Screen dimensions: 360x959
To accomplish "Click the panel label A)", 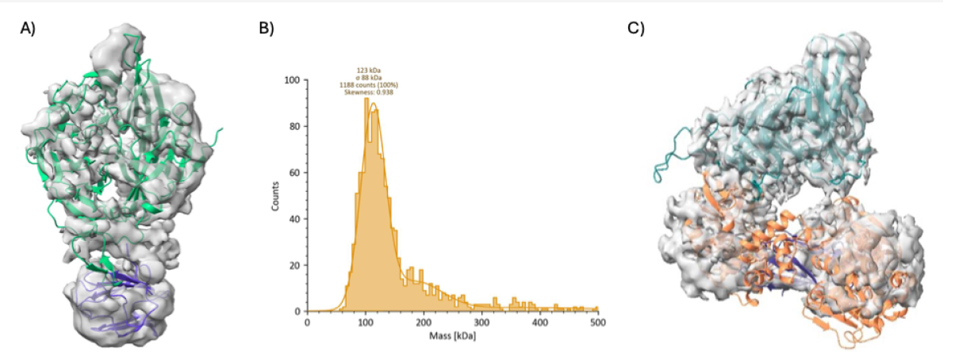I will tap(29, 29).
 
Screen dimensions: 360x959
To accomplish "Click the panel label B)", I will tap(267, 29).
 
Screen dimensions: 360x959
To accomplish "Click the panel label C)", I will tap(636, 29).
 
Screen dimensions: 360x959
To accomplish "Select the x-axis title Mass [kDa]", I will tap(452, 335).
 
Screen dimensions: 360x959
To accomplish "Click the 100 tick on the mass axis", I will tap(365, 322).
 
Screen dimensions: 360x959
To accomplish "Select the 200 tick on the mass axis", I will tap(424, 322).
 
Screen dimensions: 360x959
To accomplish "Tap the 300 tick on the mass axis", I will tap(481, 322).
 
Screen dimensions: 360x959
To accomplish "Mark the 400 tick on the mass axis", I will tap(539, 322).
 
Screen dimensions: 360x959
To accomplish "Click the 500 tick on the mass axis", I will tap(597, 322).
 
